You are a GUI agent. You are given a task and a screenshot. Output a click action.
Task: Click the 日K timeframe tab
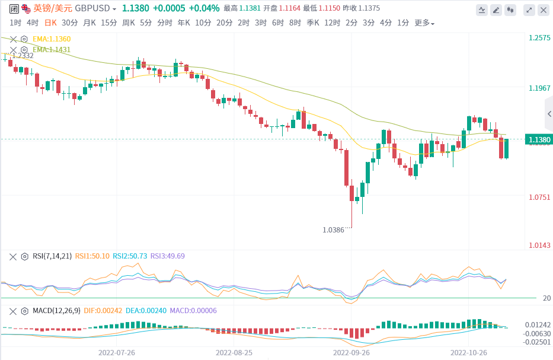click(x=51, y=23)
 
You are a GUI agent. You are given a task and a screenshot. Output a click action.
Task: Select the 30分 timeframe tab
click(x=69, y=23)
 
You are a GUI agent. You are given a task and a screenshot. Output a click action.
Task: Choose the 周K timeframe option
click(x=129, y=23)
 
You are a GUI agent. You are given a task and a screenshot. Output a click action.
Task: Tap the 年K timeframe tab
click(x=183, y=23)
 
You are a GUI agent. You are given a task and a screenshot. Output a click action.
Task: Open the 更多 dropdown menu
click(x=424, y=23)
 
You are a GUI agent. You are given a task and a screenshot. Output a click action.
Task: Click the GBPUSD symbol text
click(x=95, y=8)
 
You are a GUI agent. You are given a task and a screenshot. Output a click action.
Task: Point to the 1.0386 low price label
click(x=333, y=230)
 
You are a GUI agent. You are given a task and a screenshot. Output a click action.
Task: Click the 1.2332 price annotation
click(x=23, y=55)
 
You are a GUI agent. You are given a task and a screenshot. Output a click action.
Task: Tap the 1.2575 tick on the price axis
click(x=539, y=38)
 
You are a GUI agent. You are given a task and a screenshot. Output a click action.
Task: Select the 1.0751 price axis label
click(x=539, y=197)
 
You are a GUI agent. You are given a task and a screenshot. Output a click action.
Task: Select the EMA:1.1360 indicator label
click(x=52, y=39)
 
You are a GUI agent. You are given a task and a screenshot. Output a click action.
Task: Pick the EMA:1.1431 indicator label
click(x=52, y=50)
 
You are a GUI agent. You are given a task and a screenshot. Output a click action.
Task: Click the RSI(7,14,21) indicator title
click(x=52, y=256)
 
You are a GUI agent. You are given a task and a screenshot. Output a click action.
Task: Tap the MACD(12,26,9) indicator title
click(x=56, y=311)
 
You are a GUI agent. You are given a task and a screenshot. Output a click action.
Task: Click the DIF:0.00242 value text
click(x=103, y=311)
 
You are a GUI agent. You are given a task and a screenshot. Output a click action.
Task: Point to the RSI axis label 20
click(x=546, y=298)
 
